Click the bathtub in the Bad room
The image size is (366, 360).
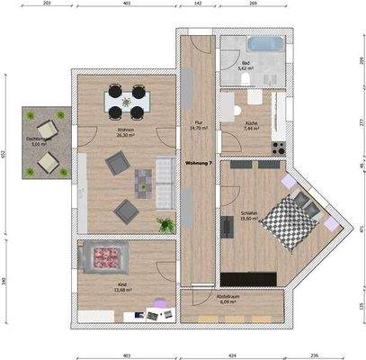point(264,44)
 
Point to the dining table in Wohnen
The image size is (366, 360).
point(126,100)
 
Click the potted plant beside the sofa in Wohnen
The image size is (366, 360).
point(165,224)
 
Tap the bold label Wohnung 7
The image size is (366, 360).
point(198,163)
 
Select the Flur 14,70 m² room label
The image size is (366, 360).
point(198,125)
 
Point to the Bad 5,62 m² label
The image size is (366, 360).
point(245,66)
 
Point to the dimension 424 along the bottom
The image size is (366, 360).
point(231,355)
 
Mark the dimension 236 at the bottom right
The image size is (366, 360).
point(314,355)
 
